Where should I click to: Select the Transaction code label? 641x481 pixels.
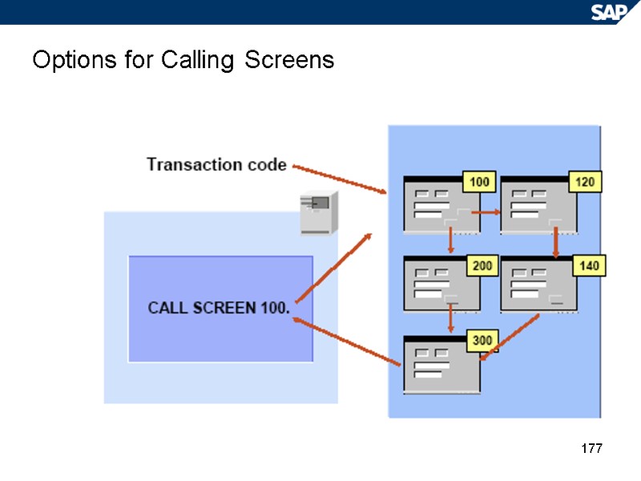[216, 164]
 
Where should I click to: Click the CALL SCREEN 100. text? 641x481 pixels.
[219, 308]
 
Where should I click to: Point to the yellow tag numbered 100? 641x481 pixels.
[479, 183]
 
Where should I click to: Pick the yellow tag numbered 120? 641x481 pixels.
[585, 183]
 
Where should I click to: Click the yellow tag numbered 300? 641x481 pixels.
[482, 341]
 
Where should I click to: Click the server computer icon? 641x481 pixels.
[316, 212]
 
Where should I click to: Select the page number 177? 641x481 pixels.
[591, 448]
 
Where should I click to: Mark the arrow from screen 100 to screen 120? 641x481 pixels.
[485, 212]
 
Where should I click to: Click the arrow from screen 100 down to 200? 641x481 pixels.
[450, 240]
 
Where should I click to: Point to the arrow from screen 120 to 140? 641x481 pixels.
[555, 242]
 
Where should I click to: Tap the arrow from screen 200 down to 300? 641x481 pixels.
[450, 319]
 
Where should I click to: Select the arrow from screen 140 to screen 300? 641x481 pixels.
[509, 338]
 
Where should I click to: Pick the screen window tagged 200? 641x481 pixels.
[441, 284]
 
